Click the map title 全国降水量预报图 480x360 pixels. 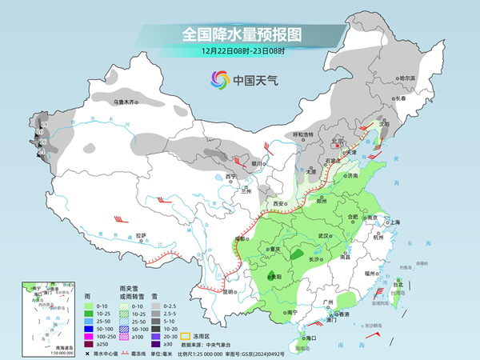(241, 34)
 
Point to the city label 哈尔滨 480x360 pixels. (408, 78)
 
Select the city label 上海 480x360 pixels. (393, 222)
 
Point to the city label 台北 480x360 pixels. (398, 282)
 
